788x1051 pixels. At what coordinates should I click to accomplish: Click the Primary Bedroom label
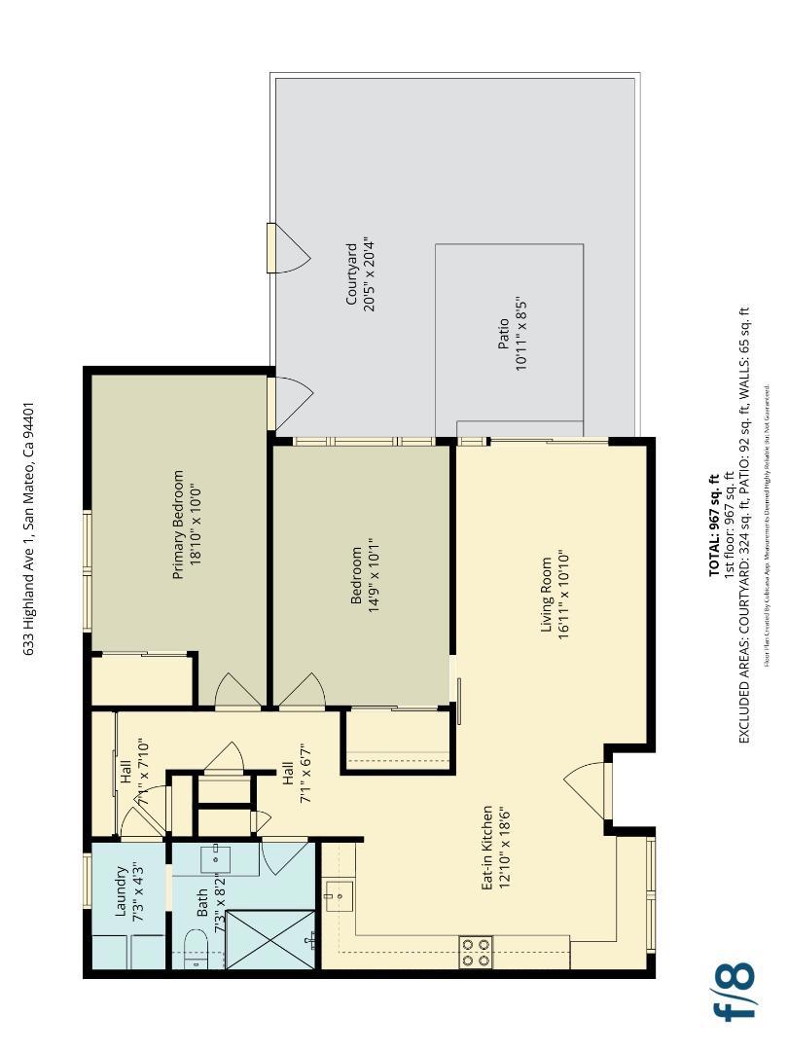click(178, 525)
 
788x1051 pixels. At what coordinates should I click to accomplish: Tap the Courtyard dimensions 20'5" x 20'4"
click(369, 272)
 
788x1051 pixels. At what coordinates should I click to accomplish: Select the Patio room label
click(503, 335)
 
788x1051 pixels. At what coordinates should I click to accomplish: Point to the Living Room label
click(547, 595)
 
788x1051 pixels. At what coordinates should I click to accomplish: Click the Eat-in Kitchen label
click(486, 849)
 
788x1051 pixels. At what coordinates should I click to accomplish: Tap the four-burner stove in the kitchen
click(476, 952)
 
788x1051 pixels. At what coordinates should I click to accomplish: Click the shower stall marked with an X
click(271, 940)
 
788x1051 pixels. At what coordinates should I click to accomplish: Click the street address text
click(29, 529)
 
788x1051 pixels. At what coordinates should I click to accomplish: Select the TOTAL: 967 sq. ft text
click(714, 525)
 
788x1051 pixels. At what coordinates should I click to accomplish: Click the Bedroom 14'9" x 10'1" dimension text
click(372, 575)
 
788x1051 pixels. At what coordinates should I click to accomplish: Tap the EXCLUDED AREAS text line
click(745, 525)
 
